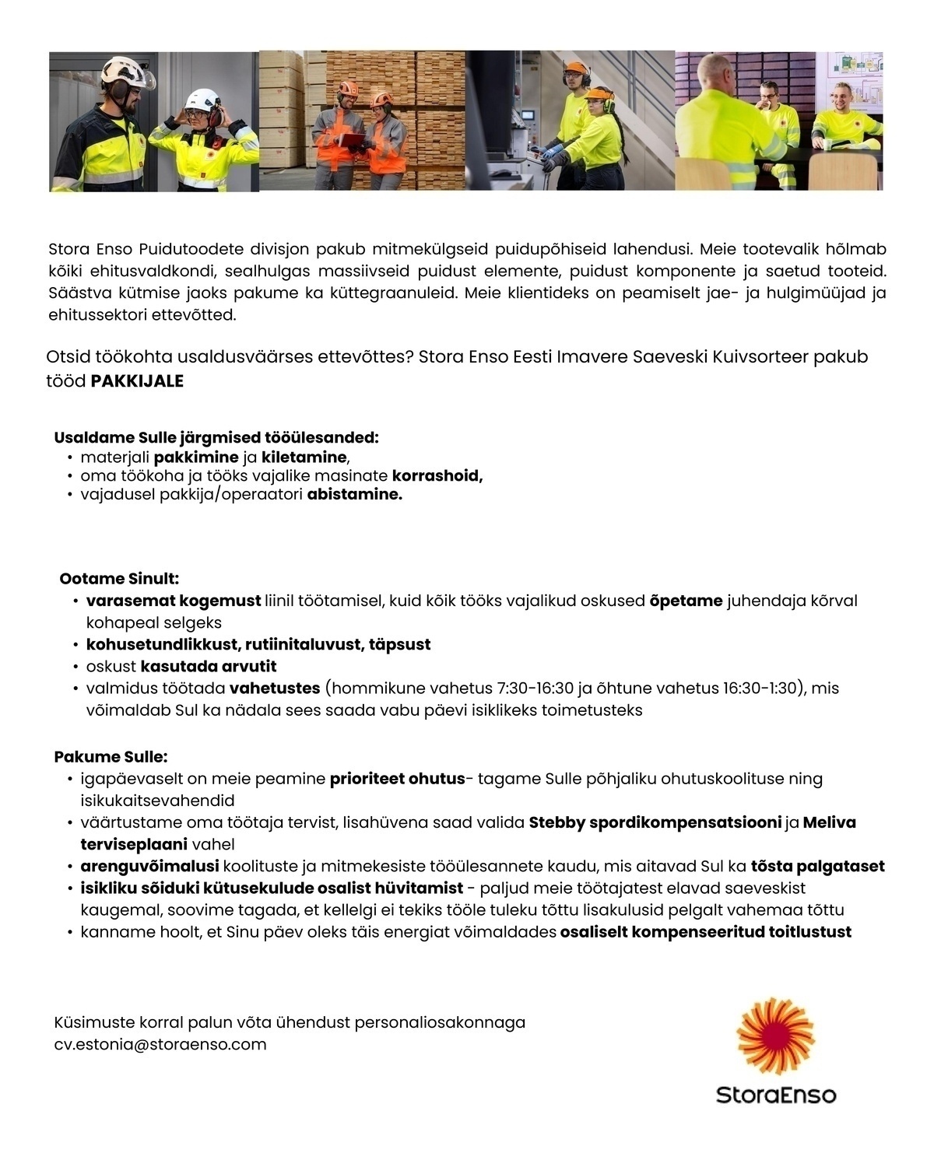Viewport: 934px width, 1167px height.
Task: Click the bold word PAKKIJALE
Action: [137, 381]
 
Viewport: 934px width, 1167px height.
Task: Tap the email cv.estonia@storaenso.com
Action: [160, 1044]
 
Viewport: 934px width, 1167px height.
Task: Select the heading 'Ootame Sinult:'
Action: [119, 579]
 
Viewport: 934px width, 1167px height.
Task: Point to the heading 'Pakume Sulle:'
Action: [111, 757]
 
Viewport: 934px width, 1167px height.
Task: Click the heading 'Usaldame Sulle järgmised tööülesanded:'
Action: [216, 438]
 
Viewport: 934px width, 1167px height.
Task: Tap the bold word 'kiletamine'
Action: [304, 457]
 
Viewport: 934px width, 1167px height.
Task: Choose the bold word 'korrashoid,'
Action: [437, 476]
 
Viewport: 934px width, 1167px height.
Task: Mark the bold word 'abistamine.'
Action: [355, 495]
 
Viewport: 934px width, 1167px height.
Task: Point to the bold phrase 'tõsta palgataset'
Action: [817, 867]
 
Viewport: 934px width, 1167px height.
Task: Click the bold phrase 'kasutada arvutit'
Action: [209, 667]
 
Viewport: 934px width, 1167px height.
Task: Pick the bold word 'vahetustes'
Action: [275, 689]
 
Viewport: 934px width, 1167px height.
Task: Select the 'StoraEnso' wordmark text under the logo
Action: [775, 1095]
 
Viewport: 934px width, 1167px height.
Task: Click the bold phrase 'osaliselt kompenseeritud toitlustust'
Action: [705, 932]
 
